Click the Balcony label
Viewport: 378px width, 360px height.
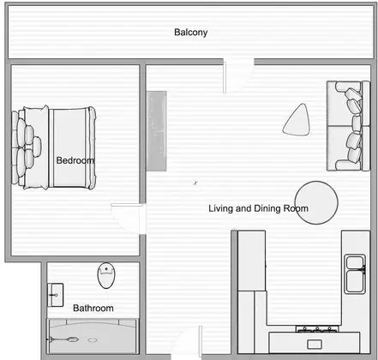point(191,33)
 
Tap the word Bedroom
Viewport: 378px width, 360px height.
point(75,160)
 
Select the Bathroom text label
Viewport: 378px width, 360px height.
point(93,308)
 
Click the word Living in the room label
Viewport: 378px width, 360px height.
point(222,208)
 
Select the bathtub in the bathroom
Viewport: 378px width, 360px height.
point(92,335)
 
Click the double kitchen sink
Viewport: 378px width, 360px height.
point(355,274)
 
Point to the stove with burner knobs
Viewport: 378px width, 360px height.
point(317,329)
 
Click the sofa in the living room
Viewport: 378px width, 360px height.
point(347,126)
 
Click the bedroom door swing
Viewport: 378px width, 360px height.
point(124,216)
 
